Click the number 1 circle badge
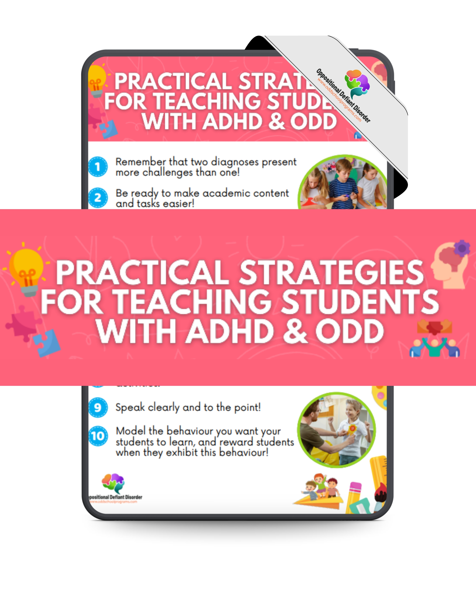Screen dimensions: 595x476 coord(98,166)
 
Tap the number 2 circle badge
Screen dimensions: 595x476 coord(98,198)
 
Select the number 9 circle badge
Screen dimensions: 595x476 coord(98,407)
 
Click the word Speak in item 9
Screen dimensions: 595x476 coord(130,407)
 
